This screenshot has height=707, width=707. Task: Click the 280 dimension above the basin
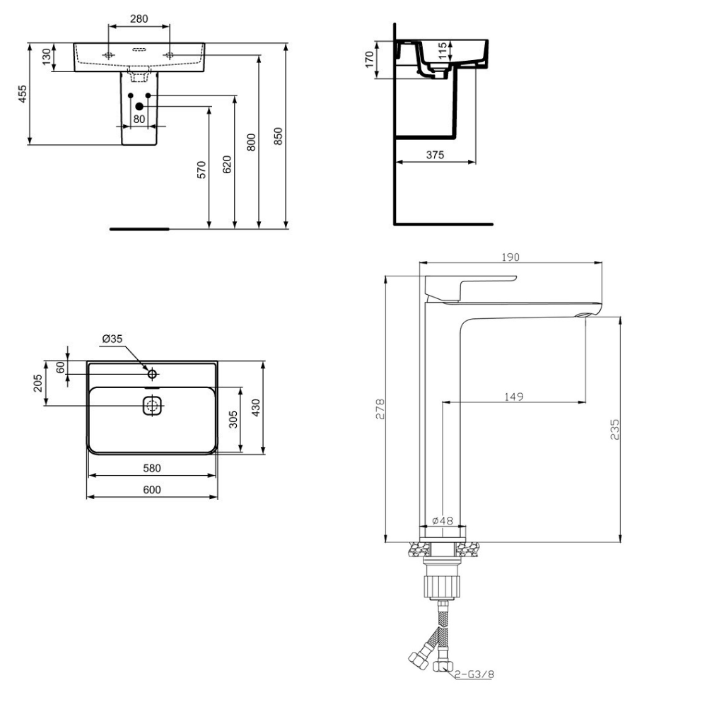139,18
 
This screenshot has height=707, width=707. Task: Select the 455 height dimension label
23,94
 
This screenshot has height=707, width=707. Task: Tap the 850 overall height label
278,136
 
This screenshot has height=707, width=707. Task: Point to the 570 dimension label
201,170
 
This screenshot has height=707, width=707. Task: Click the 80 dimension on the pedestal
139,119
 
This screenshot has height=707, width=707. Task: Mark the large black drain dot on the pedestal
139,107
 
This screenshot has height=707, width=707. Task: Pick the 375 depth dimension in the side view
435,155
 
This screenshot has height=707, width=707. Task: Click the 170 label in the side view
370,59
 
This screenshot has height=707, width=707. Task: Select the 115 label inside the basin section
443,50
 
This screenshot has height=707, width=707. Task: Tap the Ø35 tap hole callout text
112,339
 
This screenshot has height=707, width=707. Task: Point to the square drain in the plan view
153,405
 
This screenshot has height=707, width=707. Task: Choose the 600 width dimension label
152,490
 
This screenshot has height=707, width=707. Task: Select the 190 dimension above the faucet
510,257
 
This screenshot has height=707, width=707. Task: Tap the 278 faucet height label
380,409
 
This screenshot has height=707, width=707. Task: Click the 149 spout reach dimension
513,397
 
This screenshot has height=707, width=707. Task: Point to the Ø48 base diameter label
443,520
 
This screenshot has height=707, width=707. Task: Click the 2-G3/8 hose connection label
474,674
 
